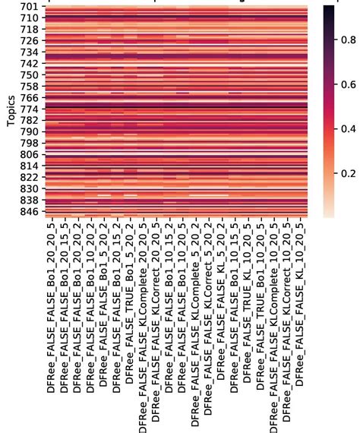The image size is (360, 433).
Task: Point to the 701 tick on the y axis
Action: [x=28, y=7]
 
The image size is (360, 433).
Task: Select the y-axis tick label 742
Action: [x=28, y=64]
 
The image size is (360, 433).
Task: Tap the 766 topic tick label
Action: [x=28, y=98]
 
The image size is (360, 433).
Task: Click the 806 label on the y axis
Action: [x=28, y=154]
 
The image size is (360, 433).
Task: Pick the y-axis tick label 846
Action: [x=28, y=210]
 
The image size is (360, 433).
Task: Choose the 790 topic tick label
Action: [x=28, y=131]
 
